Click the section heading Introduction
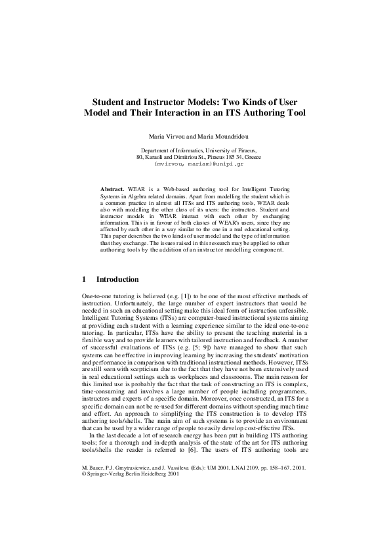tap(117, 279)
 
